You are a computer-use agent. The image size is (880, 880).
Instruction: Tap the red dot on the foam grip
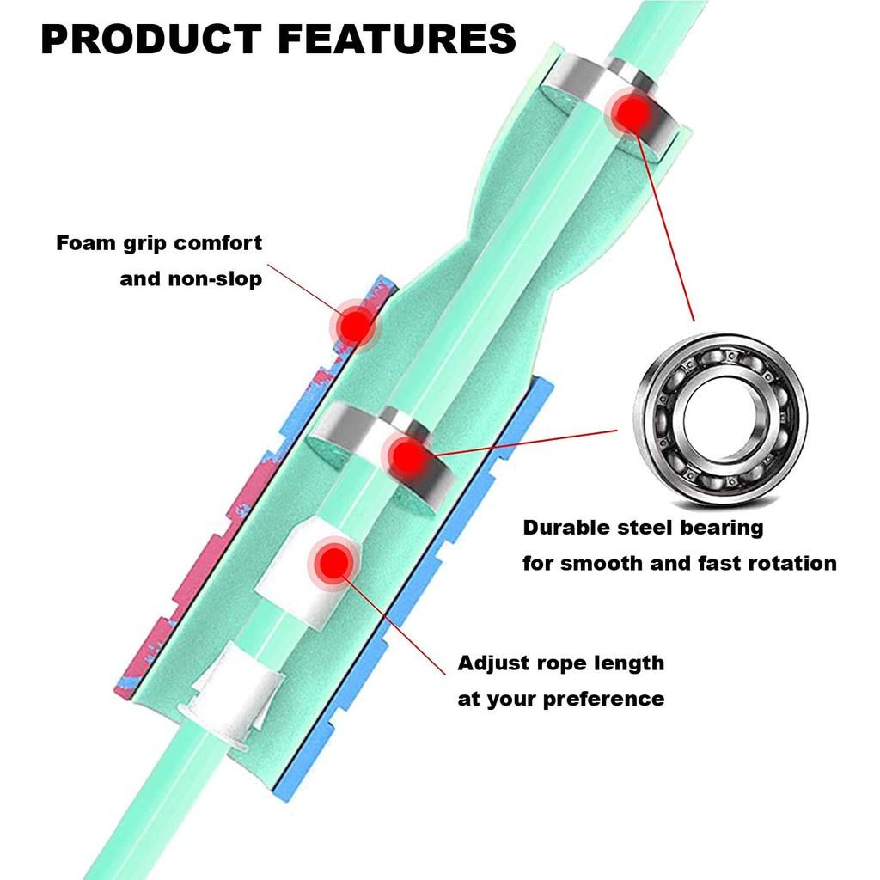point(352,325)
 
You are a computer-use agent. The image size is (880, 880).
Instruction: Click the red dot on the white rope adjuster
point(329,563)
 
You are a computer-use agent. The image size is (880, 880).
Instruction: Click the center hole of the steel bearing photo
point(720,420)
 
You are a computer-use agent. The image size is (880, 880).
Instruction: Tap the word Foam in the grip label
point(83,243)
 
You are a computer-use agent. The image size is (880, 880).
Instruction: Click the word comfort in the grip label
point(218,243)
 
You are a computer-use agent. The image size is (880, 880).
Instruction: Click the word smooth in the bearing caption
point(601,564)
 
